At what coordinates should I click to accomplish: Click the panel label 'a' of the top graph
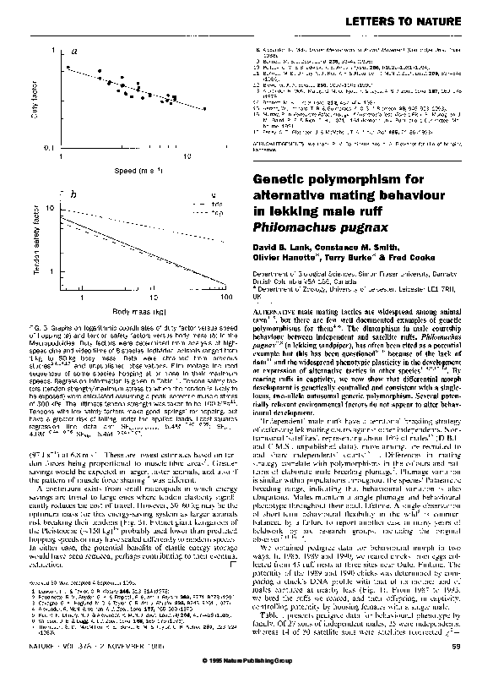pos(74,52)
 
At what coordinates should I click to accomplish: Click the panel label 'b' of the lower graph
pos(73,194)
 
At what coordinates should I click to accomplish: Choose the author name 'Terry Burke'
pos(360,260)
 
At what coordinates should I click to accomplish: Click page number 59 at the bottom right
pos(478,647)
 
